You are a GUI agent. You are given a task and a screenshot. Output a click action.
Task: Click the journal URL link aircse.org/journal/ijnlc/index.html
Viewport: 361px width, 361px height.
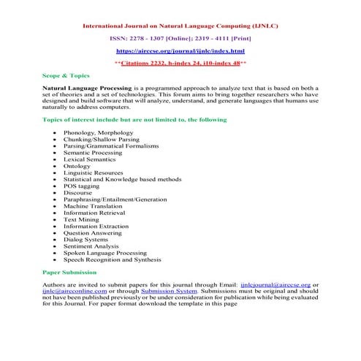point(180,51)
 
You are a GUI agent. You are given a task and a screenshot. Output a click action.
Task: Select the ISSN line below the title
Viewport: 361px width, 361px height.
point(180,38)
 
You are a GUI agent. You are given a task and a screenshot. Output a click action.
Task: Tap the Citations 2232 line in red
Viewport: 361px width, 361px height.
point(180,64)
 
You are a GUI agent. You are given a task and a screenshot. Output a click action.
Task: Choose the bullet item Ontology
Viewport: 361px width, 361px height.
point(77,166)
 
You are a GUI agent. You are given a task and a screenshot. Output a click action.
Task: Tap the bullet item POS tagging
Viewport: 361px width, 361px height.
point(81,186)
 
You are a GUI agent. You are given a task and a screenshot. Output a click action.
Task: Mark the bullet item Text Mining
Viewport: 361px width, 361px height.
point(81,219)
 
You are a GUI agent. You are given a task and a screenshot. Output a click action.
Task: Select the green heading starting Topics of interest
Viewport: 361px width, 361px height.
point(123,118)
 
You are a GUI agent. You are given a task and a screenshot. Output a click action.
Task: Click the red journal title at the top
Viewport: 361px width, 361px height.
point(180,26)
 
